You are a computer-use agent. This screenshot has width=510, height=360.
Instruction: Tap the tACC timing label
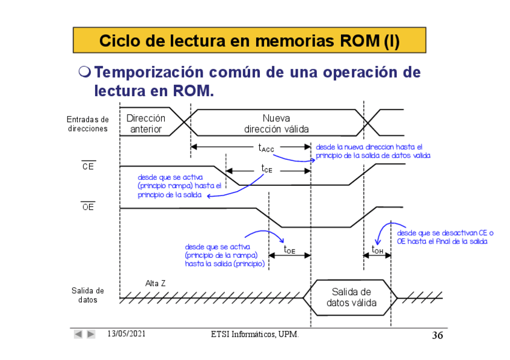[266, 147]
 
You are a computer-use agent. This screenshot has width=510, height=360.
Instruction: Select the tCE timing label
[266, 170]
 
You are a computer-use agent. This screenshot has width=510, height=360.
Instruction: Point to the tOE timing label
[289, 249]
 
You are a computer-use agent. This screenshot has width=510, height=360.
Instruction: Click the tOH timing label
[377, 249]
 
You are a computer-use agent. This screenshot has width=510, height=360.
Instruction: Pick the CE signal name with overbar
[88, 166]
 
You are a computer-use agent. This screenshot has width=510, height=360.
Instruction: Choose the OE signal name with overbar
[88, 208]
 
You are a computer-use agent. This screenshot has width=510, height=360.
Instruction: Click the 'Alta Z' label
[155, 283]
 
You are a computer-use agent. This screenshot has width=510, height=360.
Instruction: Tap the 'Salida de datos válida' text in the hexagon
[351, 297]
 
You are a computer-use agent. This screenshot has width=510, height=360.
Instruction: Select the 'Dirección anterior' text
[146, 124]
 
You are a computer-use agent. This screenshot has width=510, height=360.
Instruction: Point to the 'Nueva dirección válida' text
[277, 124]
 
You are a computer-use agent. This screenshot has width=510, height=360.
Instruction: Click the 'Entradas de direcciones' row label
[88, 124]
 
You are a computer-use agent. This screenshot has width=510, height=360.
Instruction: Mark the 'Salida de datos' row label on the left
[88, 295]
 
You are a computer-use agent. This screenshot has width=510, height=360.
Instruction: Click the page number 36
[437, 335]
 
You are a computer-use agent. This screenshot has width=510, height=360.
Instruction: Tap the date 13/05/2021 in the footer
[126, 334]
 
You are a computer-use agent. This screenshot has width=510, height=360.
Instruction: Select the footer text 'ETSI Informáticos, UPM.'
[255, 334]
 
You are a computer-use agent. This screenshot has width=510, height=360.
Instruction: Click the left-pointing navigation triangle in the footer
[78, 334]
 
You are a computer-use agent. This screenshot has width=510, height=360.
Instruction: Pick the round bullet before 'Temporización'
[85, 73]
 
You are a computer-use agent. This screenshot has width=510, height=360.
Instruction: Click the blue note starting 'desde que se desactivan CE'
[444, 237]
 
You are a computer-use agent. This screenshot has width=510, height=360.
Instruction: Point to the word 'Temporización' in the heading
[149, 73]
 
